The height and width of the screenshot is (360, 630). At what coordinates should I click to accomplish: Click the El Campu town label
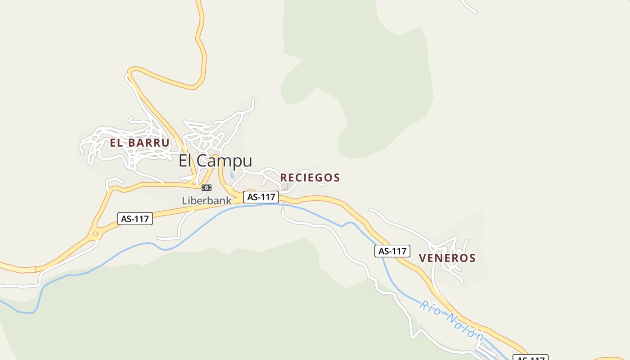pos(215,161)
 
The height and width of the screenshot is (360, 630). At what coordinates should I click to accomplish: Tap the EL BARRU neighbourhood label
pos(139,143)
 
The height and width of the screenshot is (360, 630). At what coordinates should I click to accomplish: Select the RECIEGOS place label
pos(310,178)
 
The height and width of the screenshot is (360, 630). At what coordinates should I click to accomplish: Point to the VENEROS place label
pos(447,258)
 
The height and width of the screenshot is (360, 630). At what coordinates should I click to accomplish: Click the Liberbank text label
pos(207,201)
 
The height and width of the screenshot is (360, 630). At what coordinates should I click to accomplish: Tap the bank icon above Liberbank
pos(207,187)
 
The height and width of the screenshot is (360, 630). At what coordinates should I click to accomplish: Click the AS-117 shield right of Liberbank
pos(261,197)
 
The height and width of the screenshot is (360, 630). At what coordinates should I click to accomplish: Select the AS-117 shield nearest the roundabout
pos(135,219)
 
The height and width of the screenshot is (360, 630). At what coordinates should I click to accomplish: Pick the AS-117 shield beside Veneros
pos(392,251)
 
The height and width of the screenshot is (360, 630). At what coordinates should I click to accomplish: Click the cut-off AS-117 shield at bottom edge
pos(530,358)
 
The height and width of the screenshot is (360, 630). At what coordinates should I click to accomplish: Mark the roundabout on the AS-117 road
pos(95,234)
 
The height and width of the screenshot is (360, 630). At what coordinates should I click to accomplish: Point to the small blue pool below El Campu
pos(232,174)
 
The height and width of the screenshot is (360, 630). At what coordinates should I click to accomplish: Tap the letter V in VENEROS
pos(423,258)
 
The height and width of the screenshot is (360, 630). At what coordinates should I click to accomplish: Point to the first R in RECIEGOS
pos(283,178)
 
